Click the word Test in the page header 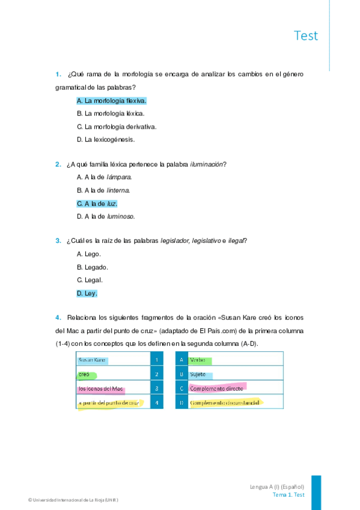tap(305, 35)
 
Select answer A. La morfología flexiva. tap(111, 100)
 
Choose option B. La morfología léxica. tap(111, 113)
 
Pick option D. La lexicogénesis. tap(105, 140)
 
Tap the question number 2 tap(58, 164)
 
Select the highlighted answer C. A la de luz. tap(97, 203)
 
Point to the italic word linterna tap(118, 190)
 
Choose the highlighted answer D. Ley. tap(87, 293)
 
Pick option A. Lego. tap(88, 254)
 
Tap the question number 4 tap(58, 317)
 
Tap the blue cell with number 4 tap(156, 402)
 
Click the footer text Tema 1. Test tap(288, 494)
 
